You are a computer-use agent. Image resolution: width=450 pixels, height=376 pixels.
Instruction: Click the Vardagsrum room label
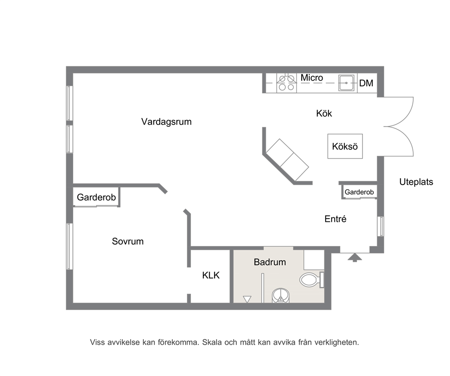click(166, 122)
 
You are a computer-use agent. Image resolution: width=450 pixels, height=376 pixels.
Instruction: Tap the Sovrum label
click(128, 241)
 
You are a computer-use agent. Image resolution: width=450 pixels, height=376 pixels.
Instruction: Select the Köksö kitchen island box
click(345, 146)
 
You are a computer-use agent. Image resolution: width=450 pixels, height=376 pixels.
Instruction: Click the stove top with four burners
click(286, 83)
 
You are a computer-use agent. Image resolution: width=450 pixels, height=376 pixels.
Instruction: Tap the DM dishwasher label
click(366, 83)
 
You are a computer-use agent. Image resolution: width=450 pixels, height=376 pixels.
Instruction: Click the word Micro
click(312, 78)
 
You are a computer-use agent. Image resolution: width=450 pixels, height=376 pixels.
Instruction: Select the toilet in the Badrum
click(312, 279)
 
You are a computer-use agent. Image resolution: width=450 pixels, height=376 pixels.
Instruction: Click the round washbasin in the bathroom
click(281, 296)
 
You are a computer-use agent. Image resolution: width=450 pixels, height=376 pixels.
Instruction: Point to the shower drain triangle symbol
click(247, 299)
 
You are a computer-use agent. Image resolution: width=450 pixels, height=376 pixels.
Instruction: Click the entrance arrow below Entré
click(355, 257)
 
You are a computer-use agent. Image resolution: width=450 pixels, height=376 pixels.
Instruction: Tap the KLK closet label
click(210, 276)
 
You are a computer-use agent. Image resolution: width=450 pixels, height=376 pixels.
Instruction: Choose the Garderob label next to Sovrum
click(96, 197)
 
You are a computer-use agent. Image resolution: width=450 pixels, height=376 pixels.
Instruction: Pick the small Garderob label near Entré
click(359, 192)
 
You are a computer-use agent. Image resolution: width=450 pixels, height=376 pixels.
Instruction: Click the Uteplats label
click(416, 182)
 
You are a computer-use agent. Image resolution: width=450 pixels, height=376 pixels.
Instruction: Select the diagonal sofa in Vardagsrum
click(287, 160)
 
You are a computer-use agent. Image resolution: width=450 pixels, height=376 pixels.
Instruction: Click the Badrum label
click(270, 262)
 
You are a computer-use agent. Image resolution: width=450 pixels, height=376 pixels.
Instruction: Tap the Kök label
click(324, 113)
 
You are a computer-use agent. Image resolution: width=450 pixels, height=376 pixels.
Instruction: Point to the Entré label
click(335, 219)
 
